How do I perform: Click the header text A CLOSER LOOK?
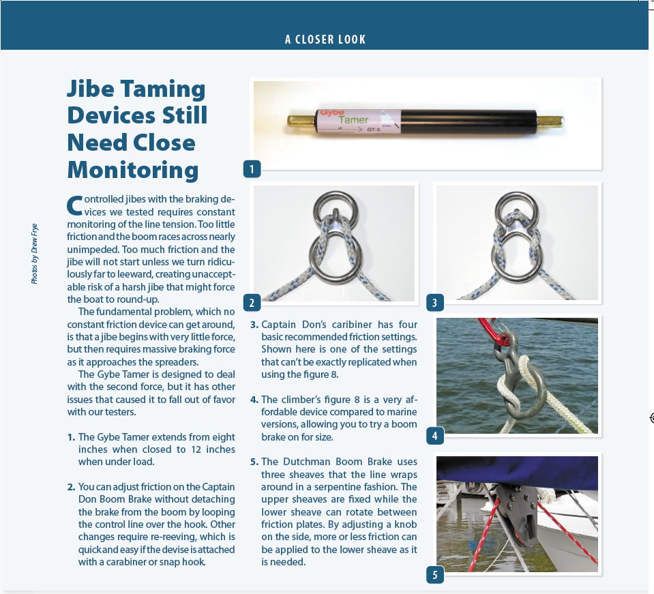click(325, 40)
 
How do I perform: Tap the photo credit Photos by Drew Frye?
click(35, 253)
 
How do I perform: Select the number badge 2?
click(252, 302)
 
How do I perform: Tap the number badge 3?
click(434, 302)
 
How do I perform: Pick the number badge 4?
click(434, 434)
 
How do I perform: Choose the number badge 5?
click(434, 575)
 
